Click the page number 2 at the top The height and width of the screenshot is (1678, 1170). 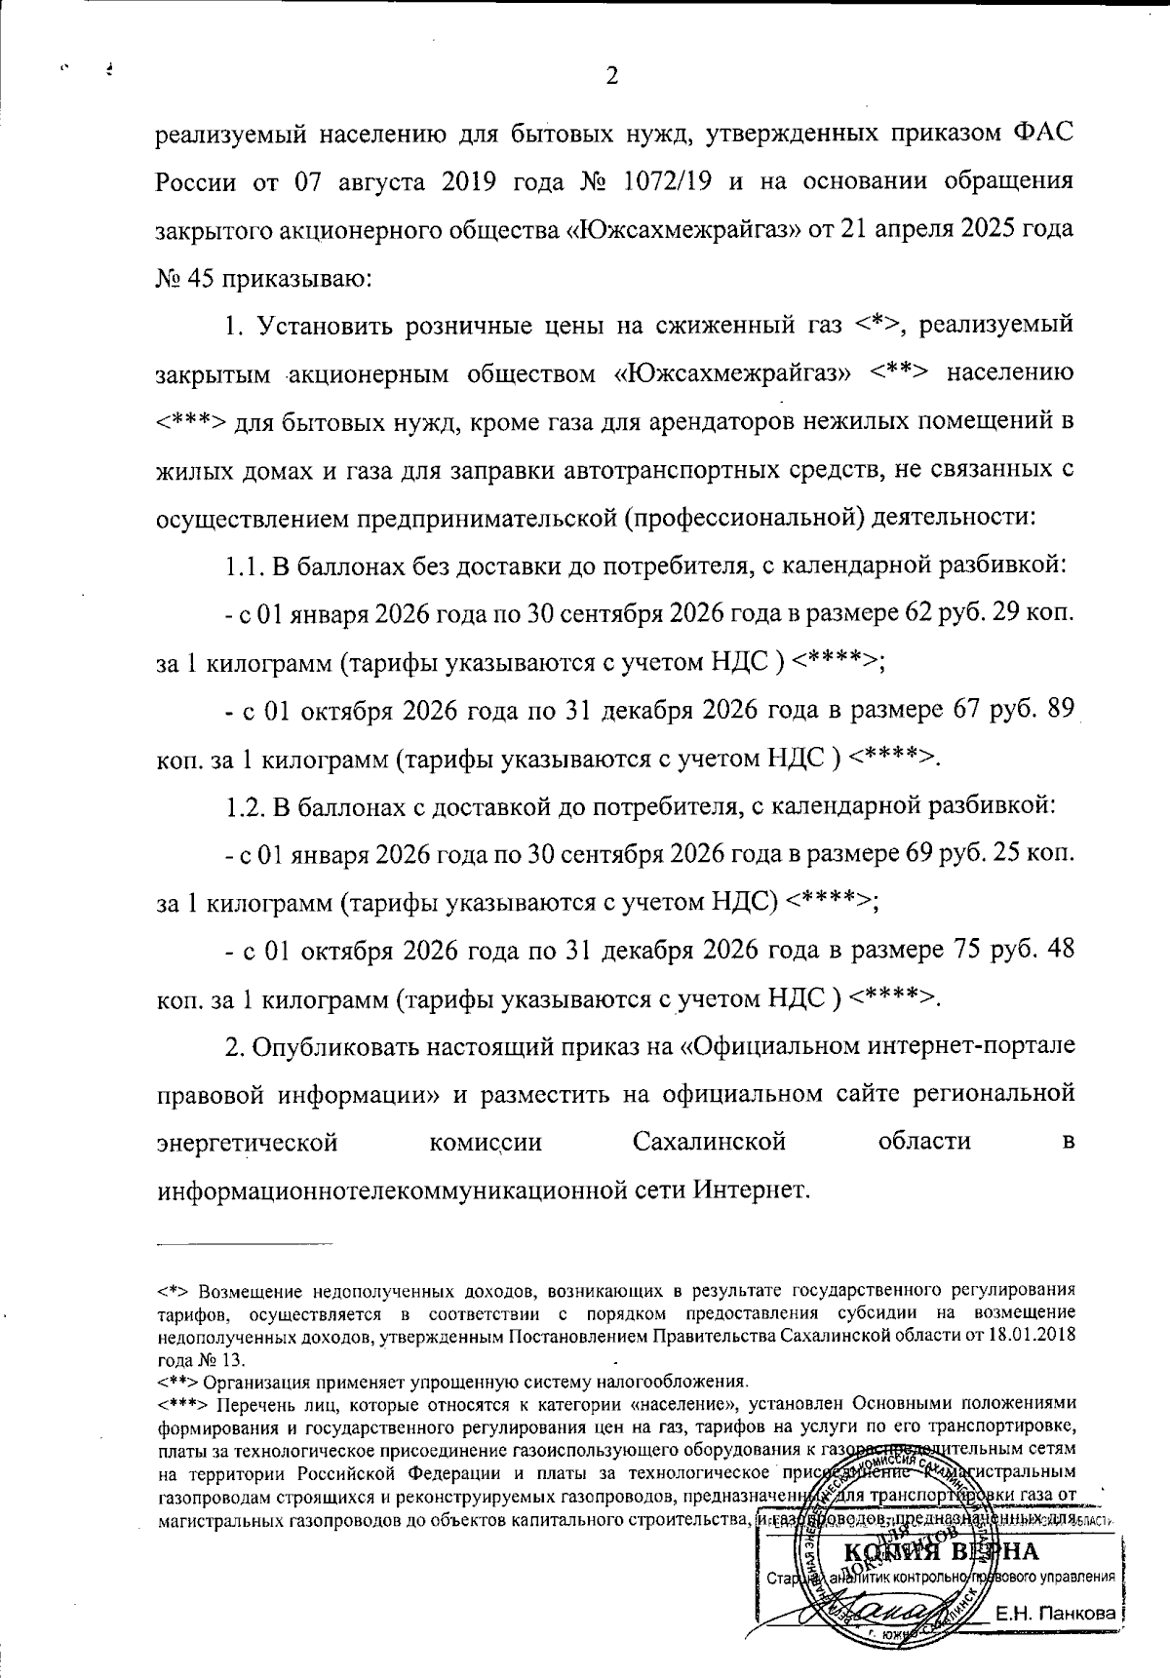coord(611,76)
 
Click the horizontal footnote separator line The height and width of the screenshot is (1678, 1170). coord(245,1243)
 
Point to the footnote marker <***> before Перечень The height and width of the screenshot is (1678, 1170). coord(182,1404)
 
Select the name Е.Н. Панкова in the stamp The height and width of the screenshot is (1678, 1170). coord(1054,1614)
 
